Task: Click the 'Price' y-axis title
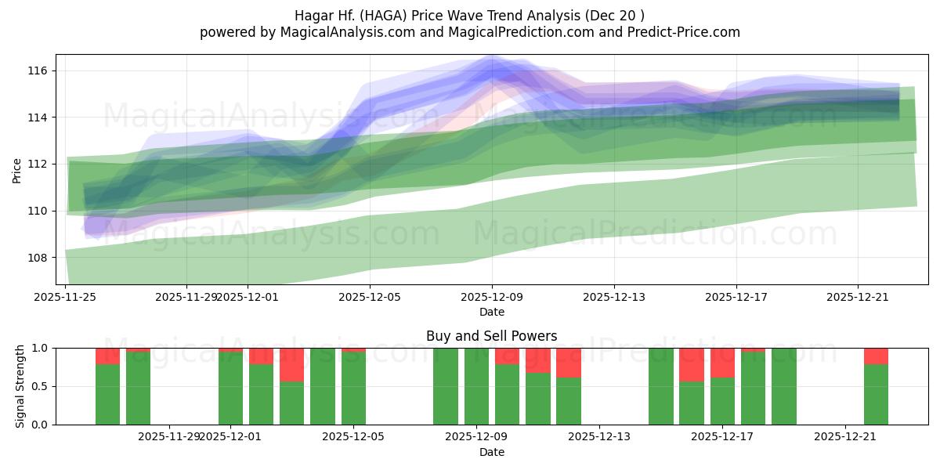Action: coord(17,169)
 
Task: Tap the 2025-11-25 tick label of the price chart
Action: coord(65,297)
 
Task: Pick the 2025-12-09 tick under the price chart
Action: coord(492,297)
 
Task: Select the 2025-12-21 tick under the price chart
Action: coord(858,297)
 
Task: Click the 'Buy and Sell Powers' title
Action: coord(491,336)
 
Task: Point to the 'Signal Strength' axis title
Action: coord(20,385)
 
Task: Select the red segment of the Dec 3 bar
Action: coord(291,364)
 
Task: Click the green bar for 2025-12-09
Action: coord(476,386)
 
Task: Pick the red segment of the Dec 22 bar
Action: coord(876,356)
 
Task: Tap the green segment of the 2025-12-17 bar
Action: coord(722,401)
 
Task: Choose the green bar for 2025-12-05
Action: coord(353,389)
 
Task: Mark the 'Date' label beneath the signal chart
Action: coord(491,452)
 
